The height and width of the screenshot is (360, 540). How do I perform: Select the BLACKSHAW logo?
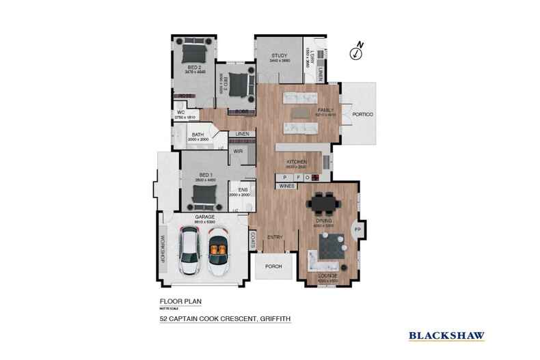[x=446, y=335]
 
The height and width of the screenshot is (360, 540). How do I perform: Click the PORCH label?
[x=273, y=267]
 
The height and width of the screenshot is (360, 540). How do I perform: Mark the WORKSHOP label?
[x=163, y=249]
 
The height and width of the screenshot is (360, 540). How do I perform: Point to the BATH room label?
[x=198, y=135]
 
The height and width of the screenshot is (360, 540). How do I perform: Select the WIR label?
[x=239, y=150]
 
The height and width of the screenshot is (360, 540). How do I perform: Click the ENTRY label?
[x=275, y=237]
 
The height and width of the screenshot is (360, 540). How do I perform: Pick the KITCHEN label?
[x=296, y=161]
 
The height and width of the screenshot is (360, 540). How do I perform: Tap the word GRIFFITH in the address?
[x=271, y=318]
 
